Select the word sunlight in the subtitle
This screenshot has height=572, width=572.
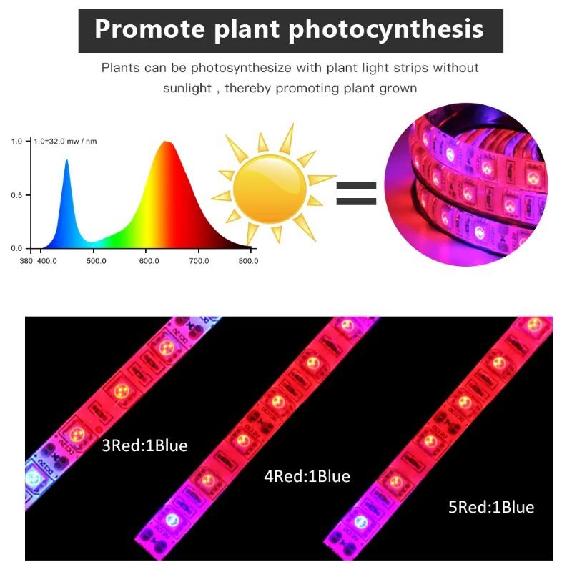point(187,88)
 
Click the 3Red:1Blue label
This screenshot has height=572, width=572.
point(144,445)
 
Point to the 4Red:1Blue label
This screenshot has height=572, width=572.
point(307,475)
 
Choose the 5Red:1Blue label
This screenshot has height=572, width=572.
point(491,507)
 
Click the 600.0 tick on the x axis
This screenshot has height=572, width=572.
point(148,261)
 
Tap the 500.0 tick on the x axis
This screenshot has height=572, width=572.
point(96,261)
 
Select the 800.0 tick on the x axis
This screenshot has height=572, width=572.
point(247,261)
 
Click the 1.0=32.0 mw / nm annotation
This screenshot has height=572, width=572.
point(66,141)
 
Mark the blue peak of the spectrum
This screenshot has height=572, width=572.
point(67,162)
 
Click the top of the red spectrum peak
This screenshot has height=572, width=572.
point(168,142)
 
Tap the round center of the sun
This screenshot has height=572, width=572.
point(271,189)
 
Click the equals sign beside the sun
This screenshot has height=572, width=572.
point(356,193)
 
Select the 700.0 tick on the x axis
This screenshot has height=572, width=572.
point(198,261)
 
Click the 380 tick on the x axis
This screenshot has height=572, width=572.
point(26,261)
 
